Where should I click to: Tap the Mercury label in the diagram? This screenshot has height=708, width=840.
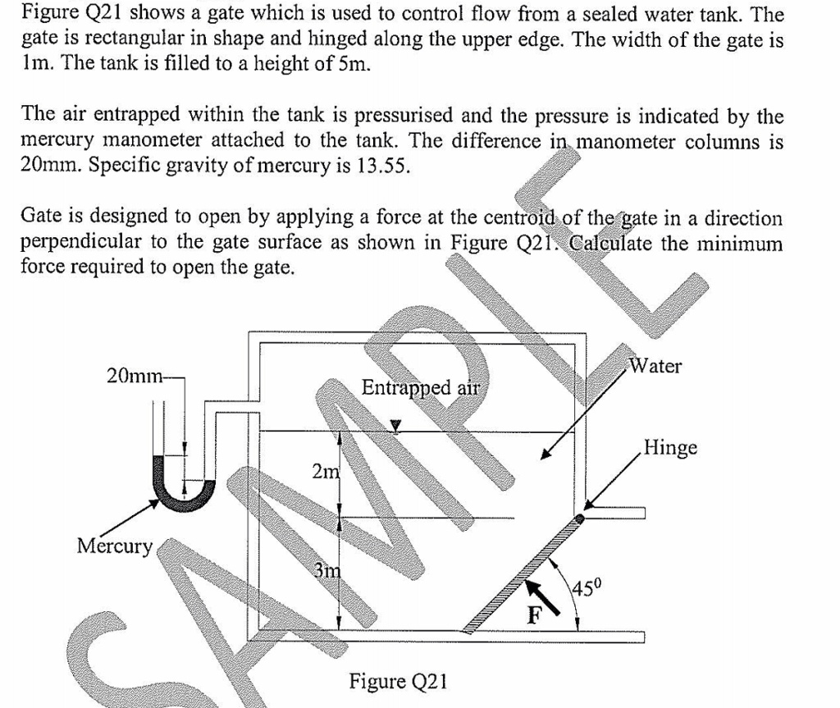coord(115,546)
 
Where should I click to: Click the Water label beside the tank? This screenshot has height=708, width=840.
coord(655,366)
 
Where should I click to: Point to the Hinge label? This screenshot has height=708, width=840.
coord(670,448)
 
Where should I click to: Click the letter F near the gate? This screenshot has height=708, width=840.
coord(534,616)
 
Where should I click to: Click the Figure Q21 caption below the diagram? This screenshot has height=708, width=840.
coord(398,682)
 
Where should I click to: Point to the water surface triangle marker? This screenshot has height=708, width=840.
coord(396,425)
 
